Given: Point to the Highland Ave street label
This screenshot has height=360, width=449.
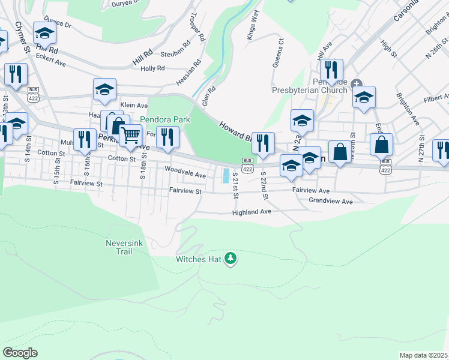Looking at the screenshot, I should pyautogui.click(x=252, y=212).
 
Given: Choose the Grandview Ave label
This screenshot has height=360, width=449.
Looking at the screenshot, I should pyautogui.click(x=330, y=202).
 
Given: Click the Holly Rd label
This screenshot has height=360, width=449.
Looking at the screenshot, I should pyautogui.click(x=152, y=68).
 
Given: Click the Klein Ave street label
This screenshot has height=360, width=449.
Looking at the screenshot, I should pyautogui.click(x=134, y=104).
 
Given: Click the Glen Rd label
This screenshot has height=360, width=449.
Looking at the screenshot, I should pyautogui.click(x=208, y=95).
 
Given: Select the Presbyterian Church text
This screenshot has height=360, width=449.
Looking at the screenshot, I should pyautogui.click(x=309, y=90).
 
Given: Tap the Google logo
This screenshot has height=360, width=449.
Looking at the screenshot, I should pyautogui.click(x=20, y=353).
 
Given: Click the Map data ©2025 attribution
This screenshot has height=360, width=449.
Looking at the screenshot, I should pyautogui.click(x=423, y=355).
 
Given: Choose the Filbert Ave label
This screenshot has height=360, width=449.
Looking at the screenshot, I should pyautogui.click(x=435, y=98).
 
